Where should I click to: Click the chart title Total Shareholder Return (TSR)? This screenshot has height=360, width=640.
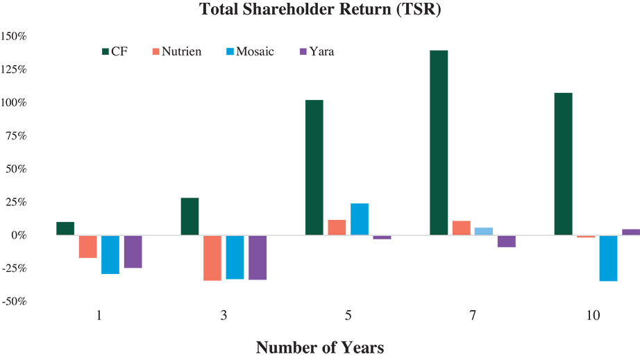click(319, 10)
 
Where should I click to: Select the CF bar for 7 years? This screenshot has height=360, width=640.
click(439, 143)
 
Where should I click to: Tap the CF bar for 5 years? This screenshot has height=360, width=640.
click(314, 167)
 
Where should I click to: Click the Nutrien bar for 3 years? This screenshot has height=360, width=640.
click(212, 258)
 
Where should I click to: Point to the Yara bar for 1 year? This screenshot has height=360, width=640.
click(133, 252)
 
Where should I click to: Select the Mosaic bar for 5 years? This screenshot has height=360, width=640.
click(359, 219)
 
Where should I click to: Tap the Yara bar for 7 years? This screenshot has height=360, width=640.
click(506, 241)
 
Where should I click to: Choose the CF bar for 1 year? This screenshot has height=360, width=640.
click(65, 229)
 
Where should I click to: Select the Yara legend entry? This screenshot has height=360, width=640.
click(317, 51)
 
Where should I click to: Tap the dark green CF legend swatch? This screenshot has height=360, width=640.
click(106, 51)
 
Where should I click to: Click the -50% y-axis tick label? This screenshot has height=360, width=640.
click(14, 302)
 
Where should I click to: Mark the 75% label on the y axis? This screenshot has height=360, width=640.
click(15, 136)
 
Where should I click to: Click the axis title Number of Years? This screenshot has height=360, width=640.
click(319, 347)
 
